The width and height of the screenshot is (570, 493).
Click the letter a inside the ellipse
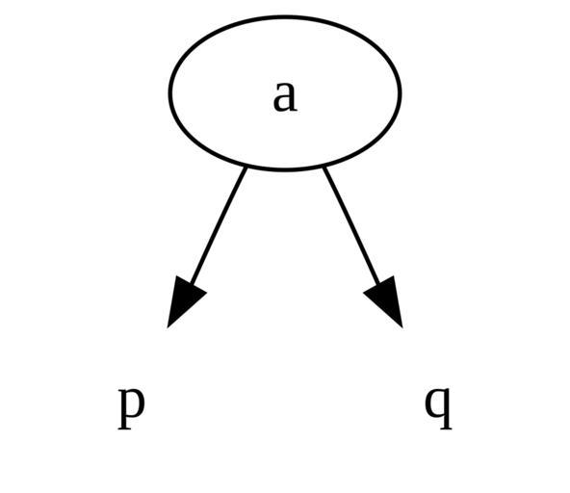[285, 96]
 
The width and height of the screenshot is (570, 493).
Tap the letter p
[131, 408]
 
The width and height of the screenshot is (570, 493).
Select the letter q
[438, 408]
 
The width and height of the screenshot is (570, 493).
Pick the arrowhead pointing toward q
[385, 300]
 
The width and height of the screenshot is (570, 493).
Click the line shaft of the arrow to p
[219, 226]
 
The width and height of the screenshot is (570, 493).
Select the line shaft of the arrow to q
[351, 226]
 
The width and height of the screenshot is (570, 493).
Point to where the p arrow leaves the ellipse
[246, 167]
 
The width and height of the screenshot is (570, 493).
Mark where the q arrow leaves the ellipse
[324, 167]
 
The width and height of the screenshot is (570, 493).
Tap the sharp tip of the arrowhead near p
[168, 327]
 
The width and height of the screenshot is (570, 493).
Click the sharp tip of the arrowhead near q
[402, 327]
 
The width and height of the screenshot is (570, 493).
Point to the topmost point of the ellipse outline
[285, 16]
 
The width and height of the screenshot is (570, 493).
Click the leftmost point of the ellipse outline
[169, 93]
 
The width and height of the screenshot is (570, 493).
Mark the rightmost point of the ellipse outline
[401, 93]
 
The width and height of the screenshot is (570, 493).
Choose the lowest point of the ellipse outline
[285, 169]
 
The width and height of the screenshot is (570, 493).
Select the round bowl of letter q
[432, 402]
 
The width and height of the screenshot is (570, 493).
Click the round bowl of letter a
[280, 104]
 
